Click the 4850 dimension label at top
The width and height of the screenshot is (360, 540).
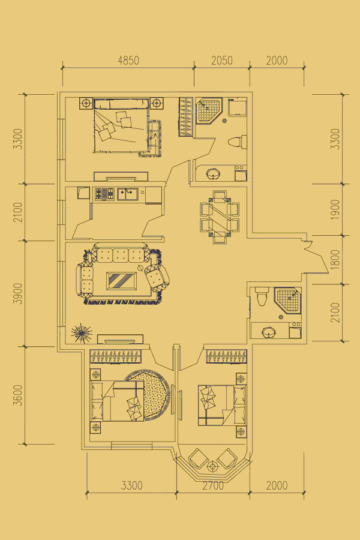click(x=128, y=61)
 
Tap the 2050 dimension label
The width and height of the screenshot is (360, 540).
click(x=222, y=61)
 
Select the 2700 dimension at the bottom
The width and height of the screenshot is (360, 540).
click(x=213, y=485)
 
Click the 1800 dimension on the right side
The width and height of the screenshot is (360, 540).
click(x=335, y=260)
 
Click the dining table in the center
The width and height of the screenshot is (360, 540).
click(x=220, y=217)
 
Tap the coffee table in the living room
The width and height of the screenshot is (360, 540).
click(x=122, y=281)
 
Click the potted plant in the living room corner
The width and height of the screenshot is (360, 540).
click(x=82, y=333)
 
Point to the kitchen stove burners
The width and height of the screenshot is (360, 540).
click(x=104, y=194)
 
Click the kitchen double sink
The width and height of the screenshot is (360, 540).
click(x=127, y=194)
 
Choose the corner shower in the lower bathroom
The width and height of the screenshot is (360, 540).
click(x=287, y=300)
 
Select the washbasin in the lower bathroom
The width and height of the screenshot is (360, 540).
click(x=269, y=332)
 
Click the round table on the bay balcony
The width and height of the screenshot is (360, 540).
click(x=213, y=467)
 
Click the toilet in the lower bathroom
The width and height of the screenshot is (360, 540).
click(x=261, y=297)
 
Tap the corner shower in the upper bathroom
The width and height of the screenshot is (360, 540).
click(x=209, y=110)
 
